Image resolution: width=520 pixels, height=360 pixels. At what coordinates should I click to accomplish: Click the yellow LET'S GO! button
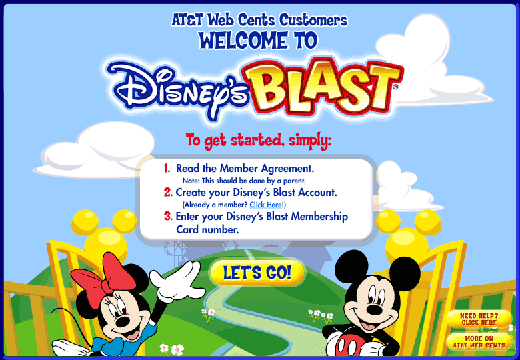(x=257, y=273)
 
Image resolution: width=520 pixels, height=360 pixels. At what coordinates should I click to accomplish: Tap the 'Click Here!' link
(x=267, y=205)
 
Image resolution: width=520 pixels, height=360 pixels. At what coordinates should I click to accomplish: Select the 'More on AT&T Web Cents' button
(x=479, y=342)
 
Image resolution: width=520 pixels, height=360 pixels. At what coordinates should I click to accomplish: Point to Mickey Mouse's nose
(x=375, y=310)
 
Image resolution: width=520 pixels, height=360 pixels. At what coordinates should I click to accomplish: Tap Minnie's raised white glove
(x=177, y=281)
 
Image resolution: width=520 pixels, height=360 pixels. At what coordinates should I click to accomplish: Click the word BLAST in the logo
(x=323, y=87)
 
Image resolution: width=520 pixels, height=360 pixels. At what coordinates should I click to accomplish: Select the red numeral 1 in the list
(x=167, y=169)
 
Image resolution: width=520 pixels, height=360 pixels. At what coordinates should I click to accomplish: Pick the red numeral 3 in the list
(x=168, y=216)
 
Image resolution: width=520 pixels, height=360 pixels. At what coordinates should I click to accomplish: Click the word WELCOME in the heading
(x=243, y=41)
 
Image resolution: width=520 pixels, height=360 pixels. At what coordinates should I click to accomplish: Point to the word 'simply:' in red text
(x=310, y=141)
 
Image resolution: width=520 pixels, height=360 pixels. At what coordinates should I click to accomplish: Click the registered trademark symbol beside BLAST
(x=395, y=87)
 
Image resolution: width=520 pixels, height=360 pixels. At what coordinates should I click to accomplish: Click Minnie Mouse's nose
(x=123, y=321)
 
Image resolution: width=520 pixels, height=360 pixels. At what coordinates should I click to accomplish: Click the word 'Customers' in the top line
(x=313, y=20)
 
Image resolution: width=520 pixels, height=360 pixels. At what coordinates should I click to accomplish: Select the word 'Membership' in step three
(x=319, y=217)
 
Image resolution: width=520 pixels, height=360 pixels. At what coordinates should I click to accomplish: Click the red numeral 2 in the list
(x=168, y=192)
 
